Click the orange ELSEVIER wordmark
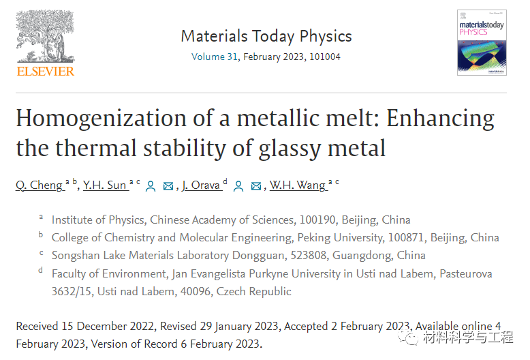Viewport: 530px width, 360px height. coord(45,71)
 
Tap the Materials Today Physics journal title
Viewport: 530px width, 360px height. coord(266,36)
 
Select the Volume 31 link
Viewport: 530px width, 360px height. coord(215,57)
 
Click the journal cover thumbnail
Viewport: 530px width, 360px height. coord(482,42)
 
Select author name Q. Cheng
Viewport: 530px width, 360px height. coord(39,185)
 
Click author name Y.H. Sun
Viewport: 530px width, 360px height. coord(105,185)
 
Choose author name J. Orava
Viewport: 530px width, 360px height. coord(201,185)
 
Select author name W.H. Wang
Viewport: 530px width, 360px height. coord(297,185)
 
